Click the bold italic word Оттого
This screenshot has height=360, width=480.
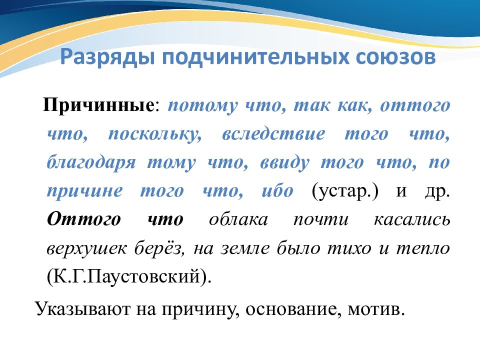[x=83, y=220]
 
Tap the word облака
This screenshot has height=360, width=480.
[x=238, y=220]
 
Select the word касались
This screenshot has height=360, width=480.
[x=411, y=220]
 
